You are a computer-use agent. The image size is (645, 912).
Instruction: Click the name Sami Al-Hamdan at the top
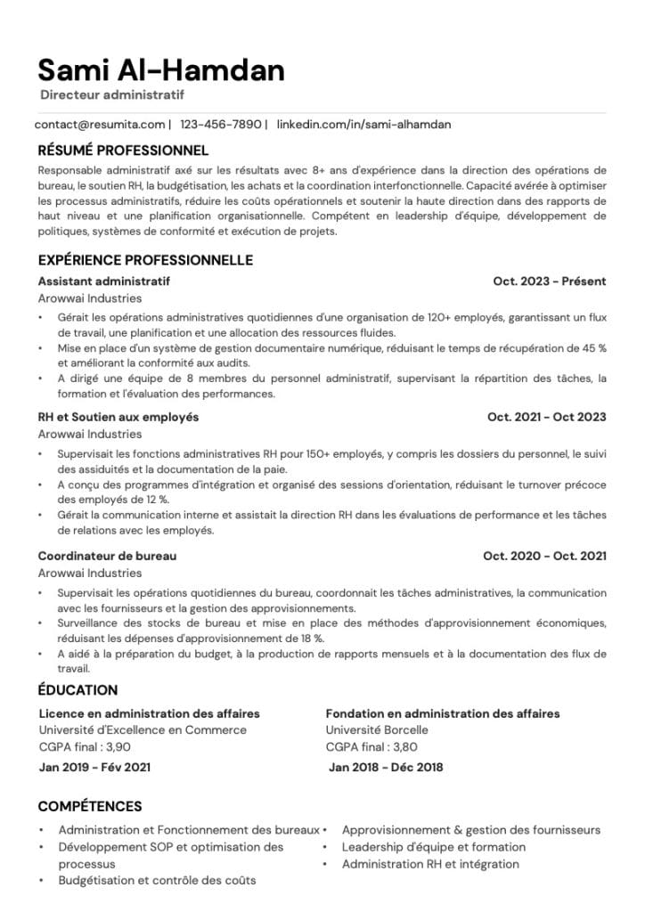161,69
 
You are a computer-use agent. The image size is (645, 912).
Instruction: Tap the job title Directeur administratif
112,94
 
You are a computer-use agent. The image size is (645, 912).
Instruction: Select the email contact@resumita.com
101,125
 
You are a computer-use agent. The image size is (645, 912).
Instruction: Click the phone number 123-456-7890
221,125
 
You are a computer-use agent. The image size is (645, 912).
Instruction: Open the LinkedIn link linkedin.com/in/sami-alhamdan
363,125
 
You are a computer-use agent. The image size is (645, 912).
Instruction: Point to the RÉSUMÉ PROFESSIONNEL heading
123,151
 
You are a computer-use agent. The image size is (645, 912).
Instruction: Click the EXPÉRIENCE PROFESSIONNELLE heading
145,260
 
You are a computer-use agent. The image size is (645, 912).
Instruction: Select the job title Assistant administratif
104,281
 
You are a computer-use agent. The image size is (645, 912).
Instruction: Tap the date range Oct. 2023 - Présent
549,281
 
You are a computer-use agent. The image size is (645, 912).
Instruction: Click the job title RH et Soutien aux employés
118,417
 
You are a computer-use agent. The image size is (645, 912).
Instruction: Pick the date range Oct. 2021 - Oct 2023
546,417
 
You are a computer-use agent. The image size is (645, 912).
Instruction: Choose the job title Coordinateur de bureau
107,556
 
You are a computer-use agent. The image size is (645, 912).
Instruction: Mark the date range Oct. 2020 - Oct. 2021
544,556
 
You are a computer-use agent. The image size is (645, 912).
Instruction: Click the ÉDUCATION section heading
78,690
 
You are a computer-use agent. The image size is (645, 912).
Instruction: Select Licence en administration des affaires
150,713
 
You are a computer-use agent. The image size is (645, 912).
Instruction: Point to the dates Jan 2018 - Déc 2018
386,767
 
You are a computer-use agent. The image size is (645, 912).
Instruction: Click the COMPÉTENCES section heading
89,807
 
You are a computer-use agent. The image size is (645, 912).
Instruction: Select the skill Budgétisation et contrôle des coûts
157,880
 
